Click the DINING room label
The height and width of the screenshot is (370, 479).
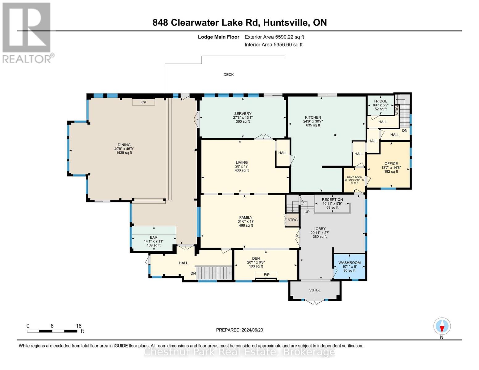[x=124, y=145]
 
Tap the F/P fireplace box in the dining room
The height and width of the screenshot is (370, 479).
[x=143, y=102]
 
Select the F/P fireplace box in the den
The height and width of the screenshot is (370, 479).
[x=266, y=275]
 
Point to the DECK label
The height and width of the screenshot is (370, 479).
[x=229, y=75]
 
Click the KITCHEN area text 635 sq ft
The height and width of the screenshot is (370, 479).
[x=313, y=125]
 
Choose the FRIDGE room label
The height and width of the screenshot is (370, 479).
[x=380, y=101]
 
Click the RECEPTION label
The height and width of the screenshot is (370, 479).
[x=332, y=199]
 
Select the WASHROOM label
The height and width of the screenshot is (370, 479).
[x=349, y=263]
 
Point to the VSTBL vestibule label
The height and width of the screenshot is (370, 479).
[x=315, y=290]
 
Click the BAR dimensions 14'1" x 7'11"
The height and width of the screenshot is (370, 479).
[x=154, y=241]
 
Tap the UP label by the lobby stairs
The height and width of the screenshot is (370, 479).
[x=307, y=212]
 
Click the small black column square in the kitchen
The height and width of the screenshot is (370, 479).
[x=335, y=135]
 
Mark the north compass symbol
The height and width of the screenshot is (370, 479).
[x=442, y=326]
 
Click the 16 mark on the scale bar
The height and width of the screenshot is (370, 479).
[x=79, y=326]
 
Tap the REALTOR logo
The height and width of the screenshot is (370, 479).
[x=27, y=32]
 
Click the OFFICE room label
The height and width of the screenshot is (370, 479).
[x=391, y=164]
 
